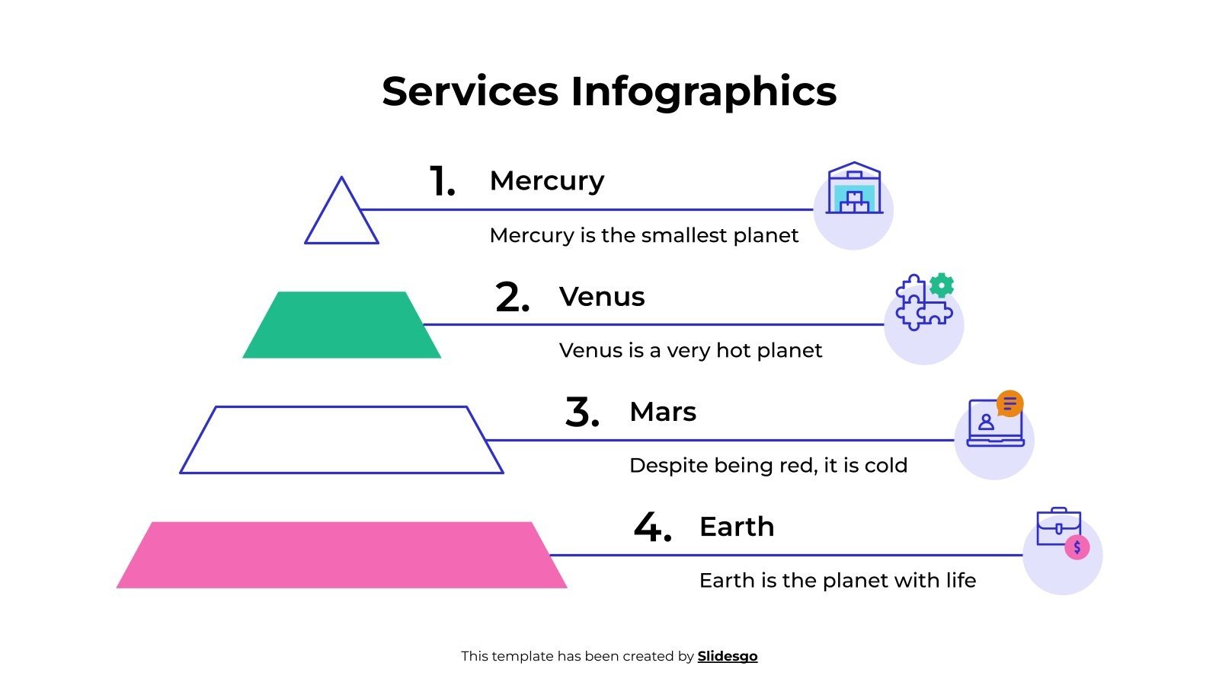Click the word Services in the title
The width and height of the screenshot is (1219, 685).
click(x=470, y=91)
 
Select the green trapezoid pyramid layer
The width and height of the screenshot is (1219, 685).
click(x=341, y=325)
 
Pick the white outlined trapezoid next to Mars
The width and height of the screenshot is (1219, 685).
click(x=341, y=440)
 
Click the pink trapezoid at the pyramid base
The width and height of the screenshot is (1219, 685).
click(x=341, y=555)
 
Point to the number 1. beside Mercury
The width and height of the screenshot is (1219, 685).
click(x=442, y=182)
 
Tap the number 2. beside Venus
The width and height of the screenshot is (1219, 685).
click(x=512, y=298)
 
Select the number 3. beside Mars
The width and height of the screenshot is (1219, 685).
click(x=582, y=413)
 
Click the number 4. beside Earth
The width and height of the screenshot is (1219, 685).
click(x=652, y=527)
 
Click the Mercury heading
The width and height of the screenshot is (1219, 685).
click(x=547, y=181)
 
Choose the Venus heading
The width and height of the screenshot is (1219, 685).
click(x=602, y=296)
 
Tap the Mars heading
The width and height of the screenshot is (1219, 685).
click(x=663, y=412)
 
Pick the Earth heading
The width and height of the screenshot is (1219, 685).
click(x=737, y=527)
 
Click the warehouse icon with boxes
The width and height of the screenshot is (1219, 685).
click(x=854, y=190)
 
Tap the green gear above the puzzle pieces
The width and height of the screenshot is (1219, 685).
click(x=942, y=285)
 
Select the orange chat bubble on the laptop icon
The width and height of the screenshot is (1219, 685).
click(x=1009, y=403)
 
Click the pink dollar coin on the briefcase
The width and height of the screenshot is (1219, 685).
click(x=1077, y=547)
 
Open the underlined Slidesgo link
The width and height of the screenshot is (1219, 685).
click(x=728, y=656)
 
